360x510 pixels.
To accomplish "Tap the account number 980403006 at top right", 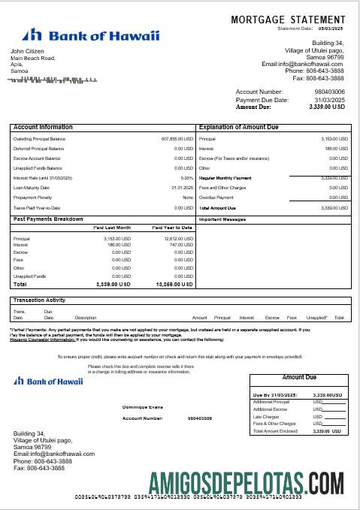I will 330,92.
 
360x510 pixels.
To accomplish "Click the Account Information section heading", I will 44,128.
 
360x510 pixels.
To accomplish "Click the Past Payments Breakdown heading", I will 48,219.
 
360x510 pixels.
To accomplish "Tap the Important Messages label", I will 223,219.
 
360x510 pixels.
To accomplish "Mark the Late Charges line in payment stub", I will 267,416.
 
